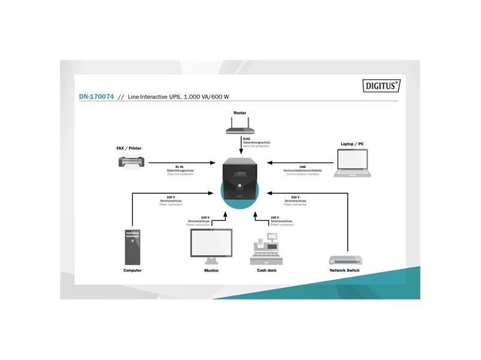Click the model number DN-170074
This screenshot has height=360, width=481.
(x=95, y=96)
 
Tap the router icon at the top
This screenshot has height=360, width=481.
(x=240, y=127)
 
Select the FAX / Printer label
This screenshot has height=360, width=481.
(x=129, y=148)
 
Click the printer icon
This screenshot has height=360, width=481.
(x=132, y=163)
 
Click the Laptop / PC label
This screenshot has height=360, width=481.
(x=352, y=145)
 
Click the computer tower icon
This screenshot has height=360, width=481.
(x=133, y=247)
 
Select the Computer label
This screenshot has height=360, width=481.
(x=133, y=271)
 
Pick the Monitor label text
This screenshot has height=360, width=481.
(x=211, y=271)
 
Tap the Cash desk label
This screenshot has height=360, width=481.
(x=267, y=271)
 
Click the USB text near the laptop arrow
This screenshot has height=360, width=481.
(x=303, y=167)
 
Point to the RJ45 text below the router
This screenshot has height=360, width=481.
(x=247, y=139)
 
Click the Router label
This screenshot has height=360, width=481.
(x=240, y=112)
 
